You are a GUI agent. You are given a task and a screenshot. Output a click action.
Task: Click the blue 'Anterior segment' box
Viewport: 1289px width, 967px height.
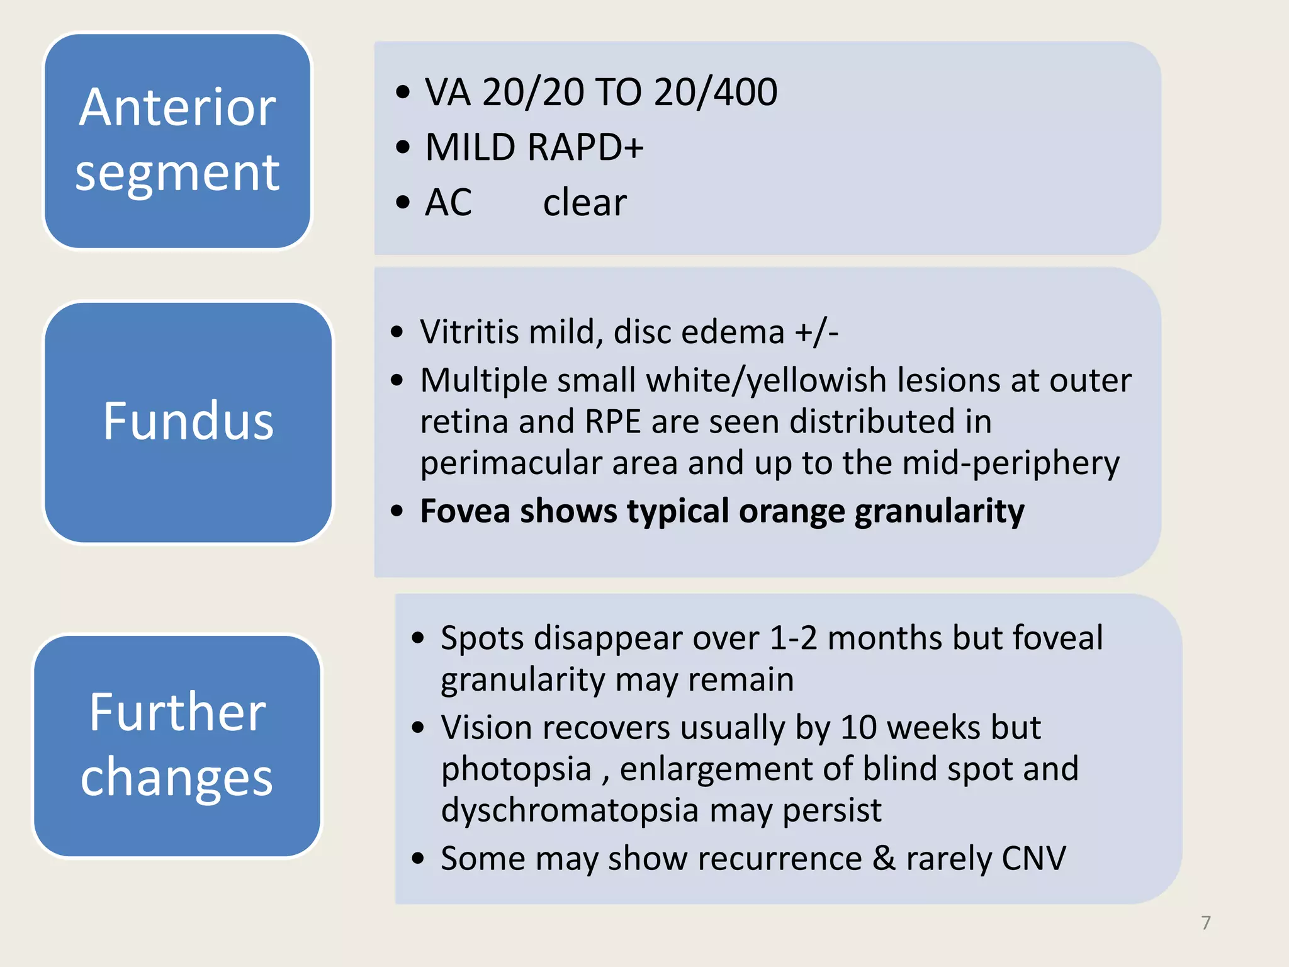click(177, 140)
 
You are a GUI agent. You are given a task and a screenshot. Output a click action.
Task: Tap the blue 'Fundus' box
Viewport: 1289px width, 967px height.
click(188, 422)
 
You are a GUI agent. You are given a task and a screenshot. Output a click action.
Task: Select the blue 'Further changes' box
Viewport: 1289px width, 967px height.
click(177, 745)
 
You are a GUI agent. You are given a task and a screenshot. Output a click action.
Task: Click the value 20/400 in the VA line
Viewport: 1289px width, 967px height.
click(716, 93)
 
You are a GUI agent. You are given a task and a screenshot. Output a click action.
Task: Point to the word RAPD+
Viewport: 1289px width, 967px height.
click(585, 148)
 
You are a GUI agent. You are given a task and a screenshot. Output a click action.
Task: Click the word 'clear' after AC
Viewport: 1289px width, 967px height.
click(585, 203)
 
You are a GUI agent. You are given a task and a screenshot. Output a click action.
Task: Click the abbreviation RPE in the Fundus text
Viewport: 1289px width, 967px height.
click(612, 422)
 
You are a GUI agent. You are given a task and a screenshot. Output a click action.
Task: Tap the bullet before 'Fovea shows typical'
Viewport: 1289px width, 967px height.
click(397, 511)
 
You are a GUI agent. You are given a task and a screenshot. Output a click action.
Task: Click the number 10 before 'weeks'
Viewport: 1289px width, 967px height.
click(858, 728)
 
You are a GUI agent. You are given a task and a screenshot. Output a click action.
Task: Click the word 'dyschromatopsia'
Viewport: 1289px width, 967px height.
click(570, 810)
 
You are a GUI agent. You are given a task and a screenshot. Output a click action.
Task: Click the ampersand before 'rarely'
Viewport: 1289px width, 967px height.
click(884, 859)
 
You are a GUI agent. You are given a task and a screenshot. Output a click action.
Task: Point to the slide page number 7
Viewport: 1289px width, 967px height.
click(1205, 923)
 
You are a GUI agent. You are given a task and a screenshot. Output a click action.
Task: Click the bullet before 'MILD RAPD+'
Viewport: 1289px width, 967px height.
click(403, 148)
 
